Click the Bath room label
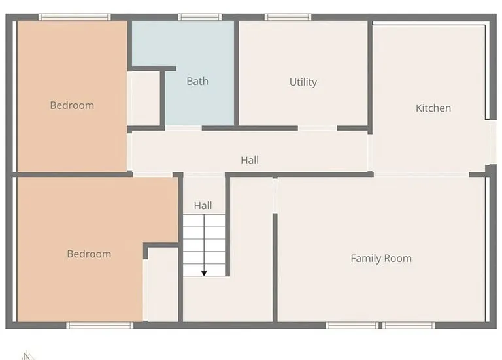[x=197, y=81]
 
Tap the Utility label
[x=303, y=82]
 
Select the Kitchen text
[x=433, y=108]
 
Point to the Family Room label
[x=381, y=258]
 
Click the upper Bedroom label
[x=72, y=105]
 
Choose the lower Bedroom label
[x=89, y=254]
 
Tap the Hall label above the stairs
[x=203, y=205]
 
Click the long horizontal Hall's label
[x=250, y=160]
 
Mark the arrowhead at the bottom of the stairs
[x=204, y=274]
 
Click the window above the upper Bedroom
[x=75, y=17]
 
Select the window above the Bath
[x=200, y=17]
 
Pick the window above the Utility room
[x=288, y=17]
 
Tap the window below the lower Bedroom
[x=100, y=325]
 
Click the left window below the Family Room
[x=352, y=325]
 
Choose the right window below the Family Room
[x=409, y=325]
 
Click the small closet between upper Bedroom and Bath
[x=144, y=98]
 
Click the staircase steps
[x=204, y=246]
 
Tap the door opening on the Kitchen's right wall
[x=490, y=142]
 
